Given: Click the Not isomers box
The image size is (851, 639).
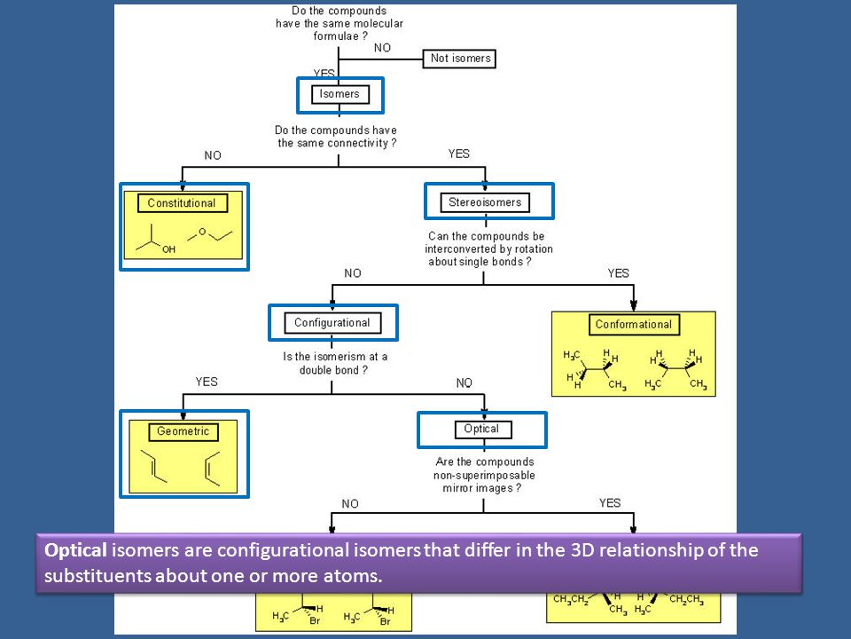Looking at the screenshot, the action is (459, 59).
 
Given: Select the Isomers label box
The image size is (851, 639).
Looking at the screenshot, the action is (340, 94).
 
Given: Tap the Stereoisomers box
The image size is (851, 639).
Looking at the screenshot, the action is (485, 202).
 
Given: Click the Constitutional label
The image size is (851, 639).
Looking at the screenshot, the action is (182, 203).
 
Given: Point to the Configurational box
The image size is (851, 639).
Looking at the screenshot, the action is (332, 323).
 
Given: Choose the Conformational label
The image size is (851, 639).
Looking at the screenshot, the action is (634, 325).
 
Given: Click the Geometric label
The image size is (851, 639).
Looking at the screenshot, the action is (183, 432).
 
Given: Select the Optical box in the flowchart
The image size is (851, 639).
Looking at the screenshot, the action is (483, 430).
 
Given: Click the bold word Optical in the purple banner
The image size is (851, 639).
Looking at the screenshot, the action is (75, 550).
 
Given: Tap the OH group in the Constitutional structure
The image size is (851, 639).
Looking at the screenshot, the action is (168, 249).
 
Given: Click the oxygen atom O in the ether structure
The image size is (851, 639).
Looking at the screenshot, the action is (202, 232).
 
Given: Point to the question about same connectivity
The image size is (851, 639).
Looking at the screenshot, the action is (336, 137).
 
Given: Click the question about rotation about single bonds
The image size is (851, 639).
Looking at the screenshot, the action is (488, 248).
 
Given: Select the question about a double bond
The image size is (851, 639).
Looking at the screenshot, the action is (335, 364).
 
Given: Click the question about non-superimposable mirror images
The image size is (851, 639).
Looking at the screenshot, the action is (484, 475).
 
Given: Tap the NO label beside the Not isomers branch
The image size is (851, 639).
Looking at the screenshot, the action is (382, 48).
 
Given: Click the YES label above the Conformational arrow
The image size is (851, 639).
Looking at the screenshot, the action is (618, 273).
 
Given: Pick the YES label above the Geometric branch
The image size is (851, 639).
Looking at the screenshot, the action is (207, 382).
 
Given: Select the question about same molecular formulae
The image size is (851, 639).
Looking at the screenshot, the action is (340, 23).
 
